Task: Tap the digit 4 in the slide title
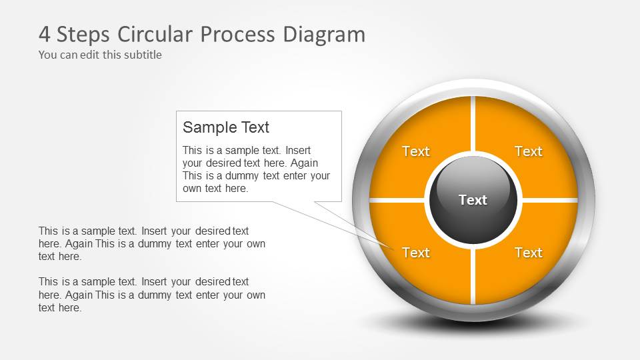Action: coord(45,34)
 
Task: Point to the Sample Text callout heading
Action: coord(226,127)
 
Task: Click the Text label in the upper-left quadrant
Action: coord(416,151)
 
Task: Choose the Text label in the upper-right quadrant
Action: coord(529,151)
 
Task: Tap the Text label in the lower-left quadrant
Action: coord(416,253)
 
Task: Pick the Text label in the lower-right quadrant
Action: coord(529,253)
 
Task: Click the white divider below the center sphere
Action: coord(473,273)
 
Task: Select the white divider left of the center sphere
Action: coord(397,199)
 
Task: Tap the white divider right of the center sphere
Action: coord(548,199)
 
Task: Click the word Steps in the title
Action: coord(83,34)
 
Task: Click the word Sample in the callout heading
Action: coord(203,127)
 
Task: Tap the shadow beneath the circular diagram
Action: coord(473,323)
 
